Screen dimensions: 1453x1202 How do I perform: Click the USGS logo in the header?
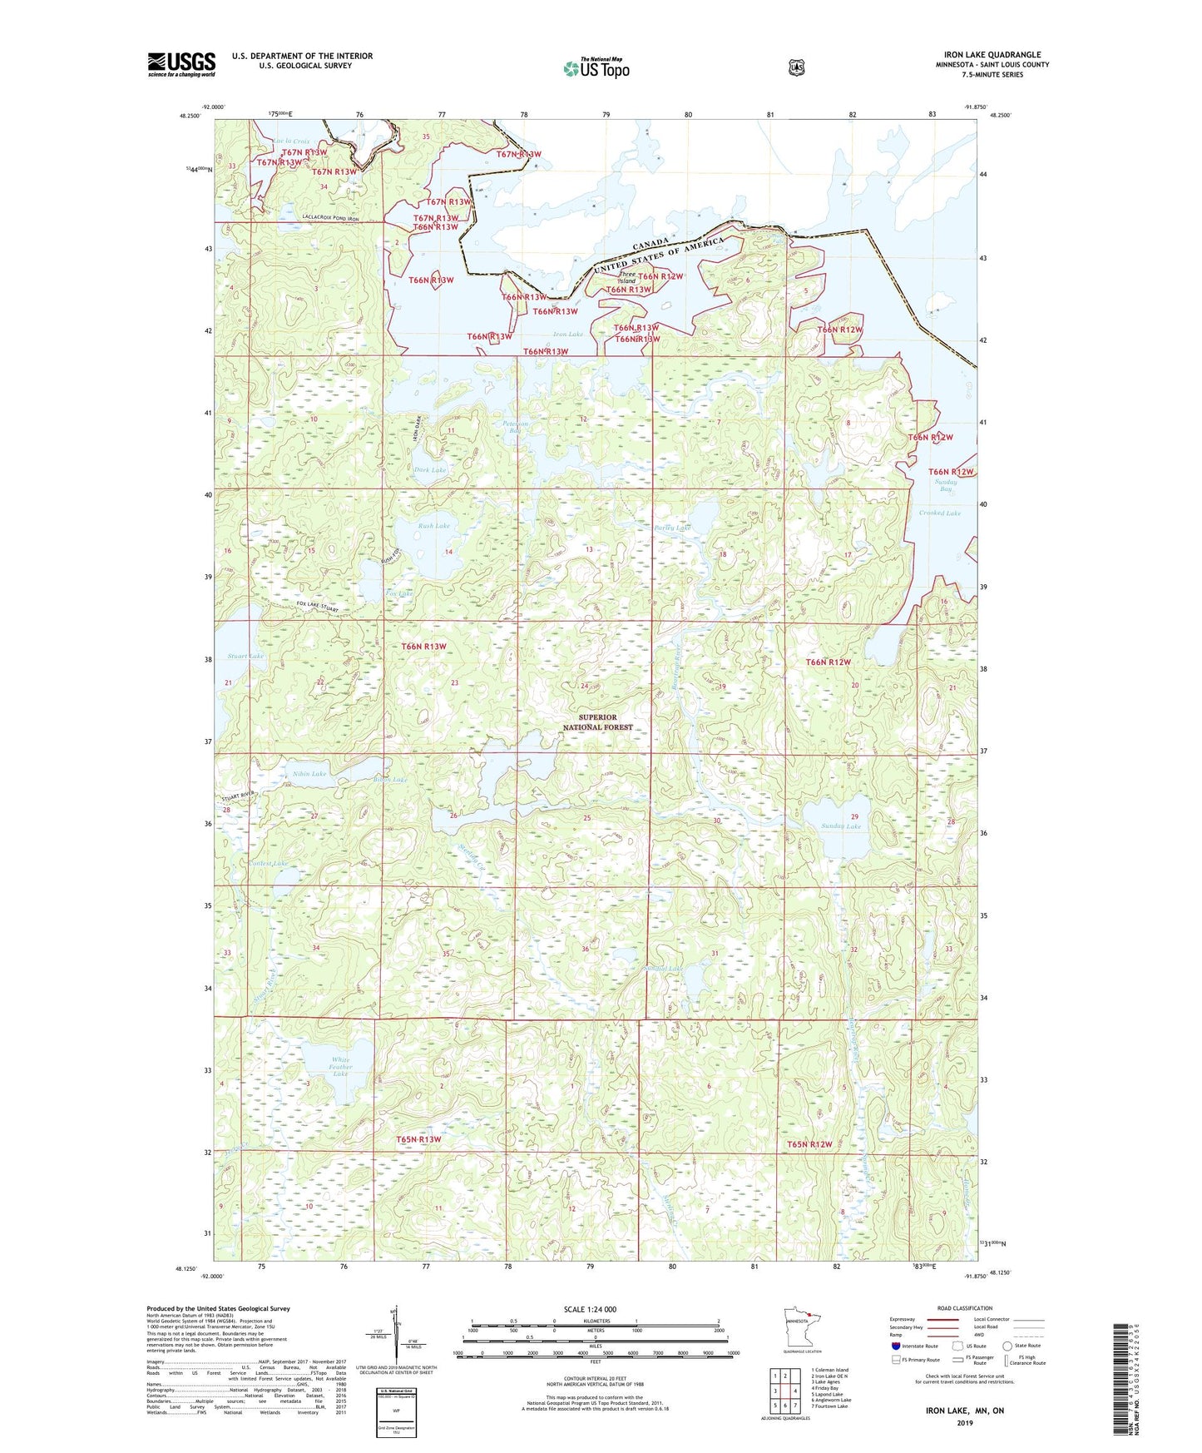pyautogui.click(x=181, y=64)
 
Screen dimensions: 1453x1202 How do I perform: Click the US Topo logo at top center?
pyautogui.click(x=596, y=68)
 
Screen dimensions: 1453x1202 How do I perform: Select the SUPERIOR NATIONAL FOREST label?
pyautogui.click(x=597, y=722)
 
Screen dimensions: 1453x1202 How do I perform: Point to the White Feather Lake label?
pyautogui.click(x=340, y=1067)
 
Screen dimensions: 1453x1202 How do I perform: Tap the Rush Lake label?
pyautogui.click(x=433, y=526)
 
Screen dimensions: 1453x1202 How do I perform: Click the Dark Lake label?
pyautogui.click(x=430, y=470)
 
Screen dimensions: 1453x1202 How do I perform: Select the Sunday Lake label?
pyautogui.click(x=840, y=826)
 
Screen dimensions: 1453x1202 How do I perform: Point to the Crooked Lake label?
pyautogui.click(x=939, y=513)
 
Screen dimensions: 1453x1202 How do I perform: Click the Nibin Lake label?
pyautogui.click(x=309, y=774)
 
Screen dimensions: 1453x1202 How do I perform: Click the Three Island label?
pyautogui.click(x=626, y=278)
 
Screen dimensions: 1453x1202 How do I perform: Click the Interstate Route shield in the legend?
pyautogui.click(x=895, y=1346)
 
